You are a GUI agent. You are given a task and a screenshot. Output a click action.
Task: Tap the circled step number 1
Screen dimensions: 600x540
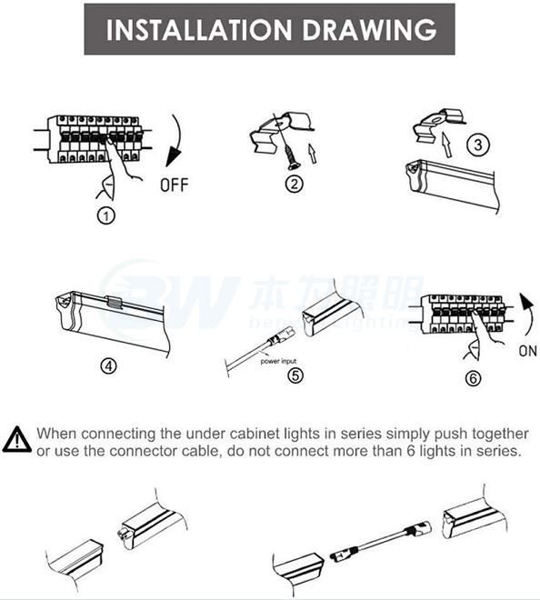[x=107, y=216]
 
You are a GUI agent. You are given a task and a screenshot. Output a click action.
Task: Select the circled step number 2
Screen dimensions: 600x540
[x=294, y=185]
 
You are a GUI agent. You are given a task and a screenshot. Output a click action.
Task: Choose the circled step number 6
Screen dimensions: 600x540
[x=473, y=377]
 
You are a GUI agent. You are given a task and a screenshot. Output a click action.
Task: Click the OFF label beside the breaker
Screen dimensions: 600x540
[x=174, y=186]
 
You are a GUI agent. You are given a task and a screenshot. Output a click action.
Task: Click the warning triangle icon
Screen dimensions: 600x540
[x=16, y=439]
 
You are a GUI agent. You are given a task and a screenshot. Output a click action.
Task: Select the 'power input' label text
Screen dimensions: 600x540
[x=279, y=361]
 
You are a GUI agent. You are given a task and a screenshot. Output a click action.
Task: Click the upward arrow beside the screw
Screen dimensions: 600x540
[x=312, y=152]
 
